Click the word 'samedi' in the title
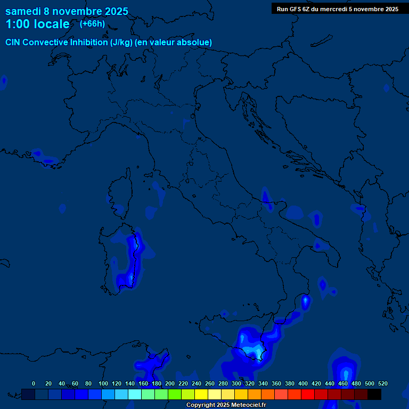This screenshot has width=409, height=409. point(23,11)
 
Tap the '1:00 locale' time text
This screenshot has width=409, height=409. point(37,24)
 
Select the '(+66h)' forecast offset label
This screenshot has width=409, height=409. point(92,23)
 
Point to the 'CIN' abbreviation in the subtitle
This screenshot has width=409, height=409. point(13,42)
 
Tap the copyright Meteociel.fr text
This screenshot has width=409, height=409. point(226,405)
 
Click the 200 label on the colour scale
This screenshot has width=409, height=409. point(170,383)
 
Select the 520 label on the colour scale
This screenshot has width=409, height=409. point(382,383)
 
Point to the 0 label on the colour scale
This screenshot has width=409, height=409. point(34,383)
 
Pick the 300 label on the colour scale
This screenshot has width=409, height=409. point(236,383)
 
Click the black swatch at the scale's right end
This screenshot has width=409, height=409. point(374,394)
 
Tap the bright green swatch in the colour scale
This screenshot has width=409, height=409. point(174,394)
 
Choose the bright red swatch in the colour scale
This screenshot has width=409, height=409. point(307,394)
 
